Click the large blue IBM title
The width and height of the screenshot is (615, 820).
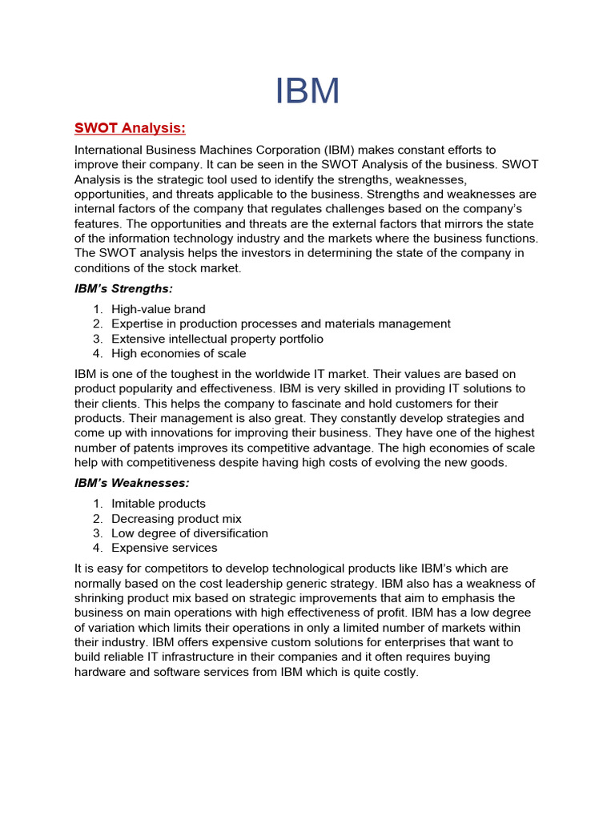pyautogui.click(x=307, y=91)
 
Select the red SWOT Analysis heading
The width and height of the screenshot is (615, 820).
pyautogui.click(x=130, y=128)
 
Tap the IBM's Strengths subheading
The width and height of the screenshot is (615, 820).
pyautogui.click(x=123, y=287)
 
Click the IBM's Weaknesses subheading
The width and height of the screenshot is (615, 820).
pyautogui.click(x=131, y=483)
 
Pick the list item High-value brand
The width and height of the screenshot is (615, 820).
pyautogui.click(x=158, y=309)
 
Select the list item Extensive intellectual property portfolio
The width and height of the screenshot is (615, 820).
pyautogui.click(x=217, y=339)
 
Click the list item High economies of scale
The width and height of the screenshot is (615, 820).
pyautogui.click(x=179, y=353)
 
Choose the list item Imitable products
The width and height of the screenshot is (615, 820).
pyautogui.click(x=158, y=504)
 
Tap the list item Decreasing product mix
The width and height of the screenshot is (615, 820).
pyautogui.click(x=176, y=519)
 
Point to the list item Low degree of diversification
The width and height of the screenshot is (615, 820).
pyautogui.click(x=190, y=533)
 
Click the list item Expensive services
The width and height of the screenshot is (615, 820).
pyautogui.click(x=164, y=548)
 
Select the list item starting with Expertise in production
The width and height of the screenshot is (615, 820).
pyautogui.click(x=280, y=324)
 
